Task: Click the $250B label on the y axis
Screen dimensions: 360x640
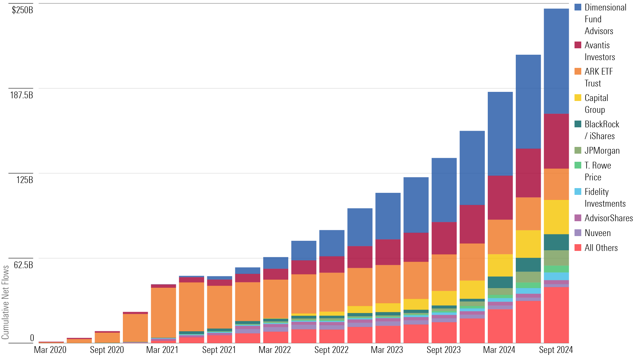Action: pos(22,10)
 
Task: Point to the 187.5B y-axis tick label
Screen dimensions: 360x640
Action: pos(22,95)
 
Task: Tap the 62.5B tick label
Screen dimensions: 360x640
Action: pos(23,265)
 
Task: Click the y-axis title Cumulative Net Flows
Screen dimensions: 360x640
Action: pos(5,302)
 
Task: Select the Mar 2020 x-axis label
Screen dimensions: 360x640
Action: pos(50,350)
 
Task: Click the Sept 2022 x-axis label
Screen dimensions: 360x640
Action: pos(331,350)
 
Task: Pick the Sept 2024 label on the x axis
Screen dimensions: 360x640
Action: pos(556,350)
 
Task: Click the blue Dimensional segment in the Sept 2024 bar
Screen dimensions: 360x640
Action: pos(556,61)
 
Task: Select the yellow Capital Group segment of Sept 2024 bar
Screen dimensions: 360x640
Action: pos(556,217)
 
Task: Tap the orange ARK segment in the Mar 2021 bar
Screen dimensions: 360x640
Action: pos(163,312)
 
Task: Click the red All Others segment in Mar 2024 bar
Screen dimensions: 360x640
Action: pos(500,326)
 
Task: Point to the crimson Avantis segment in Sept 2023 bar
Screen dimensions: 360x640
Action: pos(444,238)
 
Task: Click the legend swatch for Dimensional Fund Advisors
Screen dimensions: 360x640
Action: pos(578,7)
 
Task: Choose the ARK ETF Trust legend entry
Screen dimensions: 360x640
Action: pos(598,77)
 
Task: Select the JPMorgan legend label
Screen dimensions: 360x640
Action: pos(602,151)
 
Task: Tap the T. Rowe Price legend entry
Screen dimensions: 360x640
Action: pos(597,171)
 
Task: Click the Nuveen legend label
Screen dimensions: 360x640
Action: pos(597,233)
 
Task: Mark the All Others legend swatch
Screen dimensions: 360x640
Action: pos(578,248)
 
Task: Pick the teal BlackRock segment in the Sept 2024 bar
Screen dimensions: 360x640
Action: pos(556,242)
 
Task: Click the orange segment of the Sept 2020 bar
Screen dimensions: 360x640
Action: pos(107,337)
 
